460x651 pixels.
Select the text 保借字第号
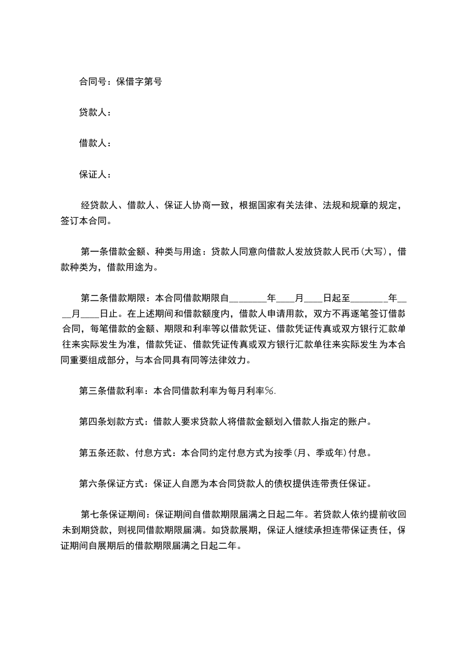(139, 82)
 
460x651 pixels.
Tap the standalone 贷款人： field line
(95, 113)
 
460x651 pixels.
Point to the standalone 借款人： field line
(95, 143)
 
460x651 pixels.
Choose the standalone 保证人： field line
(95, 174)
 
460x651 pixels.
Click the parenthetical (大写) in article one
(368, 252)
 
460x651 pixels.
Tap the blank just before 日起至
(313, 299)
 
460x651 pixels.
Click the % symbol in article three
(269, 391)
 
